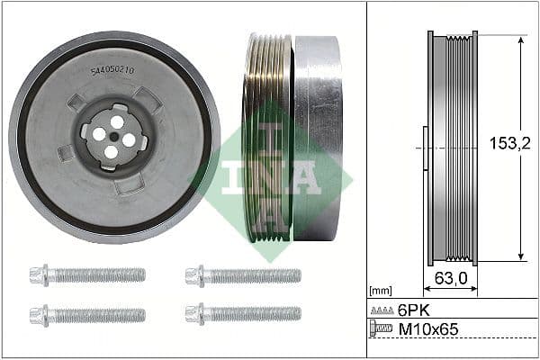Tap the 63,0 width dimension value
coord(450,279)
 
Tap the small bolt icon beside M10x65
coord(382,330)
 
